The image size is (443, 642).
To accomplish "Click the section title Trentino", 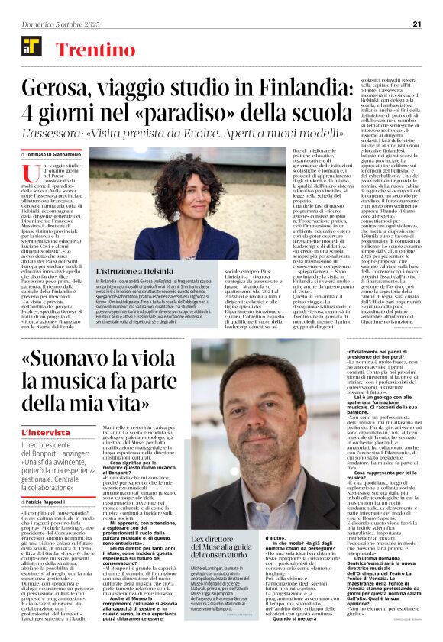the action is coord(90,51).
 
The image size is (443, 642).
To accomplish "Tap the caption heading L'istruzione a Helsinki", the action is coord(133,271).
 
